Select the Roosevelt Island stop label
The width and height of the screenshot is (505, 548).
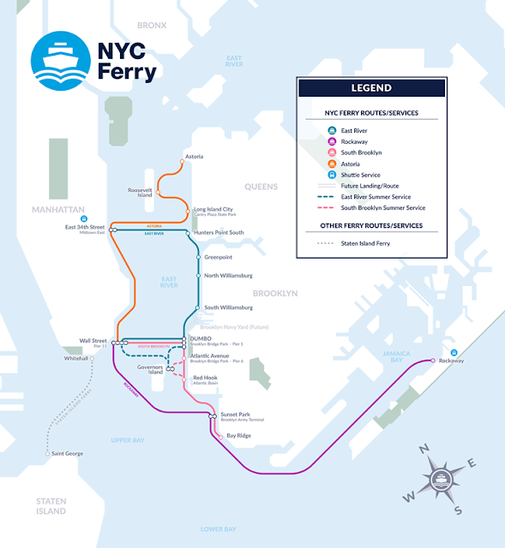[139, 192]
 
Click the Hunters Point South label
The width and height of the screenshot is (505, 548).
[219, 232]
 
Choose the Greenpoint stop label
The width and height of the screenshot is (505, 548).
[218, 256]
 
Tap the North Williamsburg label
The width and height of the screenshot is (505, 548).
[228, 276]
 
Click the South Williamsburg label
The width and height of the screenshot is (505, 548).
[228, 307]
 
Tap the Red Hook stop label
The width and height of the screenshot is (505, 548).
[205, 378]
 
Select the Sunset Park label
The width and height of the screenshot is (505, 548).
[235, 414]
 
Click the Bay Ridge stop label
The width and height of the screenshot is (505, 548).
[238, 436]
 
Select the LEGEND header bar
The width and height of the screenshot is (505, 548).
[370, 88]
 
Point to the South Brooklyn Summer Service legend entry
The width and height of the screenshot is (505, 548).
[381, 208]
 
